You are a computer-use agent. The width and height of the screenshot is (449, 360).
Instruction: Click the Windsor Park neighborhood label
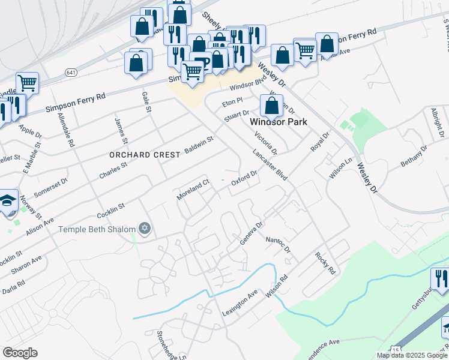tap(278, 122)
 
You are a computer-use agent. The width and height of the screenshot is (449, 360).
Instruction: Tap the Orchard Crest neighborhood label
tap(145, 155)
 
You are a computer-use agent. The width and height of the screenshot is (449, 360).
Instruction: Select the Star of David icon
tap(144, 229)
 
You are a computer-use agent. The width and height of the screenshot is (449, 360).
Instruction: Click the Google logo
tap(20, 353)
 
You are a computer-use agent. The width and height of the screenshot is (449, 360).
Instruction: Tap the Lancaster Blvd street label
tap(270, 165)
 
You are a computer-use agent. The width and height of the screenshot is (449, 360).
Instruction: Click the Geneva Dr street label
tap(252, 233)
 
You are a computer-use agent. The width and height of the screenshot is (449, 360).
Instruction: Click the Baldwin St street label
tap(199, 145)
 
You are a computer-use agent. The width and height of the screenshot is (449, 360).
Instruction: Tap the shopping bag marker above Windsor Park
tap(272, 106)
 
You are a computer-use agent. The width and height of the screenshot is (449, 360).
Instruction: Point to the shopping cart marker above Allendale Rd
tap(27, 83)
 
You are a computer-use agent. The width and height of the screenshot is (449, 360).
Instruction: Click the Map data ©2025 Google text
tap(412, 355)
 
